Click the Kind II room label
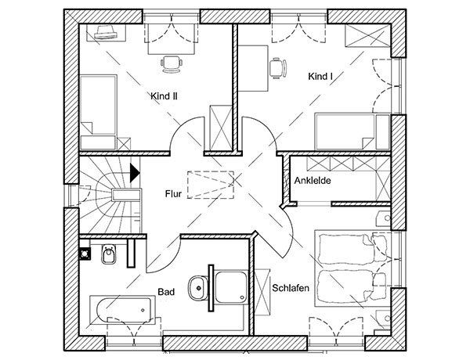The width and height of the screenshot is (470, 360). coord(164,95)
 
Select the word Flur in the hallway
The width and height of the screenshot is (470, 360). coord(174,192)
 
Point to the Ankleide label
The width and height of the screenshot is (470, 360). coord(313,181)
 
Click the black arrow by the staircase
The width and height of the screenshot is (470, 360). coord(136,171)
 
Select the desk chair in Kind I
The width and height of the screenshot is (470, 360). coord(276,67)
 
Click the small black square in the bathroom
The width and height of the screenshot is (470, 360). coord(85,252)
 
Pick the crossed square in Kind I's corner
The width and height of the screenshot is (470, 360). coord(361,37)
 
